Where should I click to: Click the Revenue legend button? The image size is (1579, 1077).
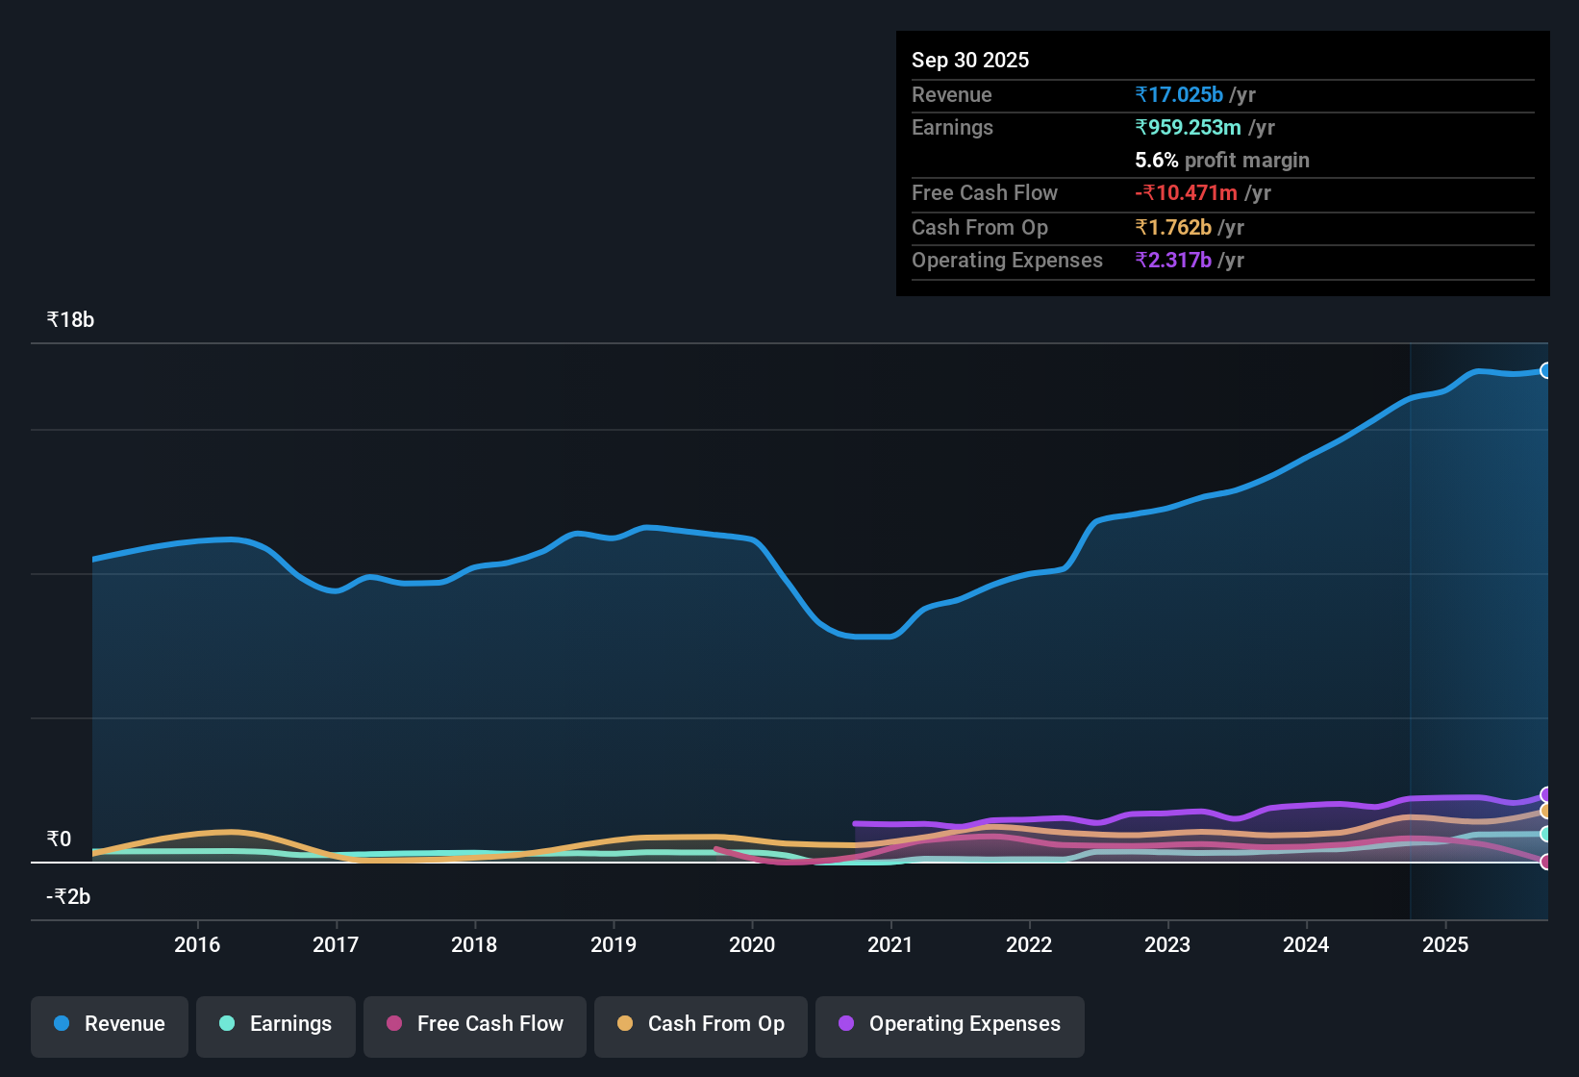tap(110, 1024)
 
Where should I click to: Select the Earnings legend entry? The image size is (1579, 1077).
tap(276, 1024)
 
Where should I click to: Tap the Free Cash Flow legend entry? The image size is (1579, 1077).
tap(475, 1024)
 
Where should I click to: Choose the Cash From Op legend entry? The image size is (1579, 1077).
tap(701, 1024)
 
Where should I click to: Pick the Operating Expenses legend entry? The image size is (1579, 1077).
tap(950, 1024)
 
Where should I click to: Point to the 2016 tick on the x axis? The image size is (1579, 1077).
tap(197, 944)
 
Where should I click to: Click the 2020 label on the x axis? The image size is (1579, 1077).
tap(752, 944)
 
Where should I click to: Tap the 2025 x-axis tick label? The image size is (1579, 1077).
tap(1445, 944)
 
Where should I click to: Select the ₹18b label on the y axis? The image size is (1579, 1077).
tap(70, 320)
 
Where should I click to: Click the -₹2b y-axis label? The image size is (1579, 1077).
tap(68, 897)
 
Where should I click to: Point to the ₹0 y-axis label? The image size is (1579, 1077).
tap(59, 839)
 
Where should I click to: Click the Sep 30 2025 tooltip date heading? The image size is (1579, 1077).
tap(970, 60)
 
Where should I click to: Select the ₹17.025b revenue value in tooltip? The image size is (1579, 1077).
tap(1179, 94)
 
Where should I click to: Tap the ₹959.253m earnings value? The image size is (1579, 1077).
tap(1188, 127)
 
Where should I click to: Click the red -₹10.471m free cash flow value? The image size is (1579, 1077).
tap(1187, 192)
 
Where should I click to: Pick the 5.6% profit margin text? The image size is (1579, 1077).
tap(1221, 160)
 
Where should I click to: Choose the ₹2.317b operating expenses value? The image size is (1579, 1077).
tap(1173, 260)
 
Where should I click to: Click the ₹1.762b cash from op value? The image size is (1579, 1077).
tap(1173, 227)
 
